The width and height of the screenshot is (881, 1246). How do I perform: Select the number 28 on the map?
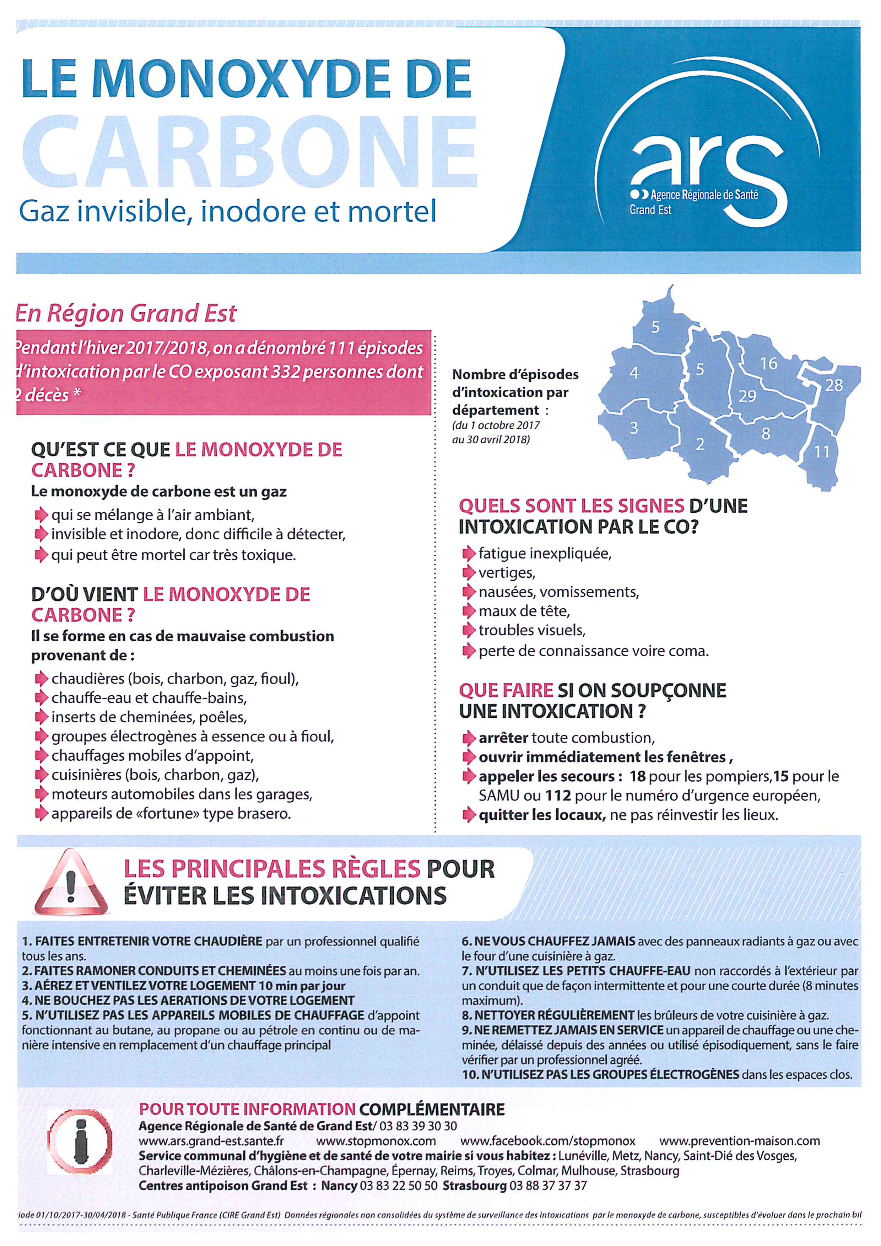click(834, 385)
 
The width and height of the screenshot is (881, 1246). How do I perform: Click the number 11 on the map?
click(822, 452)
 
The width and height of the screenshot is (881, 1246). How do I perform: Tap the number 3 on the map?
click(634, 428)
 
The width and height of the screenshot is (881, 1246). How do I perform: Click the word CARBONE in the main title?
click(249, 152)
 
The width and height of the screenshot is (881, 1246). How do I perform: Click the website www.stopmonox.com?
click(376, 1141)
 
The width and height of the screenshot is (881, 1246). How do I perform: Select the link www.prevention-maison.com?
click(739, 1141)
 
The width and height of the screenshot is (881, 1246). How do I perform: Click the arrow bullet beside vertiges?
click(468, 573)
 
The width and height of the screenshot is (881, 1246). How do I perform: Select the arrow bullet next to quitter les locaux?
click(468, 815)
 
